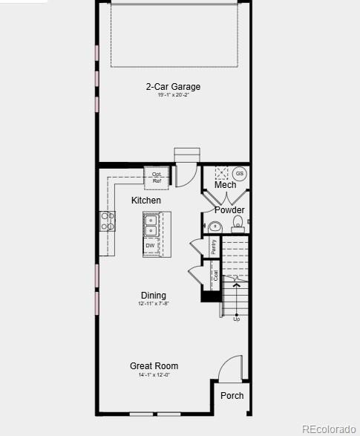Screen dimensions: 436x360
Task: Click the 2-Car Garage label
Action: pos(173,87)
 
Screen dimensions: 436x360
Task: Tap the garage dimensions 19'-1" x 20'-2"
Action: pos(173,95)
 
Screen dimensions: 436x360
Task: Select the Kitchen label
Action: pos(146,201)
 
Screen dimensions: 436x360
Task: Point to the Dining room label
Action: pos(154,296)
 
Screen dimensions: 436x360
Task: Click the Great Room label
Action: pos(154,366)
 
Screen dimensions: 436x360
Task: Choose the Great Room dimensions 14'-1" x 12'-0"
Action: pos(154,375)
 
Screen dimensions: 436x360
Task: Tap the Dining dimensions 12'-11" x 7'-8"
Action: pos(154,304)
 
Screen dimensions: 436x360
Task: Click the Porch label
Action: pos(232,396)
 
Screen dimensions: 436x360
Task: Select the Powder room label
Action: pos(229,210)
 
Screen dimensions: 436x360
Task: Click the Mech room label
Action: pos(226,185)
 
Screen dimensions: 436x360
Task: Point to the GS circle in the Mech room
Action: pos(240,174)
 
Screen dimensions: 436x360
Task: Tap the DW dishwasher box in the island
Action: pos(151,245)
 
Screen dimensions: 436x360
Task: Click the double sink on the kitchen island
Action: pos(151,221)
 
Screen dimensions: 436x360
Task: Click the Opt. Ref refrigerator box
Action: pos(157,178)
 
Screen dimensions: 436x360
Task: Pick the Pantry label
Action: pos(214,247)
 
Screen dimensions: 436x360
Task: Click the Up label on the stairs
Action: pos(237,319)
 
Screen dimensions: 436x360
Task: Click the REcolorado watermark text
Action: pos(329,429)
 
